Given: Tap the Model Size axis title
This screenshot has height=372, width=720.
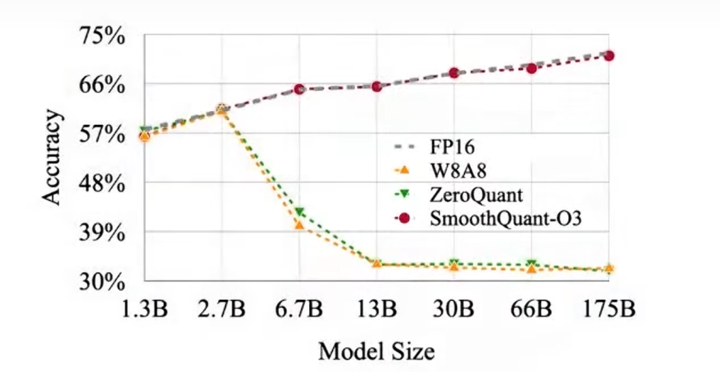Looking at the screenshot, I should pos(376,351).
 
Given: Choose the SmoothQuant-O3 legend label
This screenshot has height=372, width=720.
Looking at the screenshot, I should pos(504,219).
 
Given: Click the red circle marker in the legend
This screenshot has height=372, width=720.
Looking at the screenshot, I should pos(404,219).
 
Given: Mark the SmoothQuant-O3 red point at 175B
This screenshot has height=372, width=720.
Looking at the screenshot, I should pos(609,56).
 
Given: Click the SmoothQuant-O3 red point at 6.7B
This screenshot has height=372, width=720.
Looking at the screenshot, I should pos(299,89).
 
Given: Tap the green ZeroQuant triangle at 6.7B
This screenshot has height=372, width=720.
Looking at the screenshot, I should pos(299,212).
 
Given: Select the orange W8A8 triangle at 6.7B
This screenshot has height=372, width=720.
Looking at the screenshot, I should pos(299,224).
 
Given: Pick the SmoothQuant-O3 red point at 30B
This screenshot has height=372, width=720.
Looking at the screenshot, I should pos(454,73).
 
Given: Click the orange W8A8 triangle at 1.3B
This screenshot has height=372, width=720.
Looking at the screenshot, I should pos(144,137).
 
